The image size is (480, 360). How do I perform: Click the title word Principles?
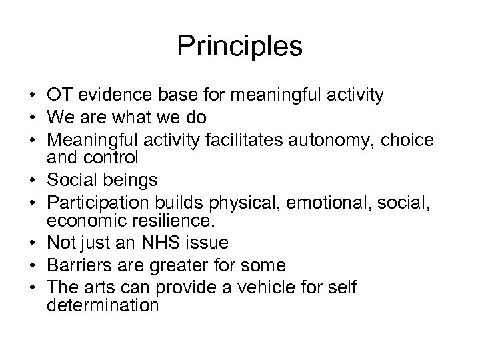pyautogui.click(x=240, y=47)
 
